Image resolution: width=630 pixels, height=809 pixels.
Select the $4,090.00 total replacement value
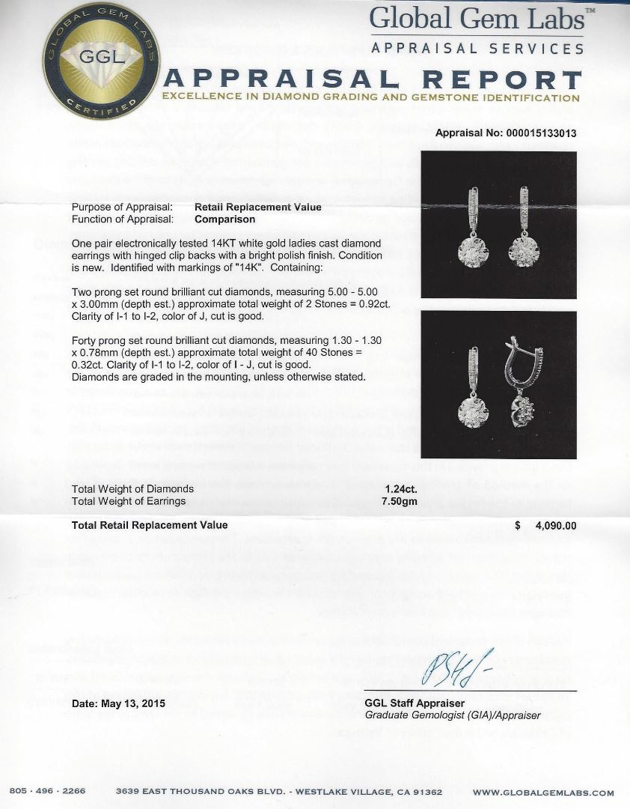(546, 526)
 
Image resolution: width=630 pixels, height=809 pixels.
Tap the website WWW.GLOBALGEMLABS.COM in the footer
(543, 793)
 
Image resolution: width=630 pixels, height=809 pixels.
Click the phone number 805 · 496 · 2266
(48, 792)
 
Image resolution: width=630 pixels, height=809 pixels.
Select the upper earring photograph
(499, 225)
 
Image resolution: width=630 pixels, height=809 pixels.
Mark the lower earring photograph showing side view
(499, 384)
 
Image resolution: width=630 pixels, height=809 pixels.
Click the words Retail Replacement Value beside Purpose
(258, 207)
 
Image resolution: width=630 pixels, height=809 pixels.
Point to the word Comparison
(224, 219)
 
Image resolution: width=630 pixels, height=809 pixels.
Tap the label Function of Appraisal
(122, 219)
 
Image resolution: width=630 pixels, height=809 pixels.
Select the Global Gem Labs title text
(477, 19)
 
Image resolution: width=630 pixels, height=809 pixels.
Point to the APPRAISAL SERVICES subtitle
(478, 49)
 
